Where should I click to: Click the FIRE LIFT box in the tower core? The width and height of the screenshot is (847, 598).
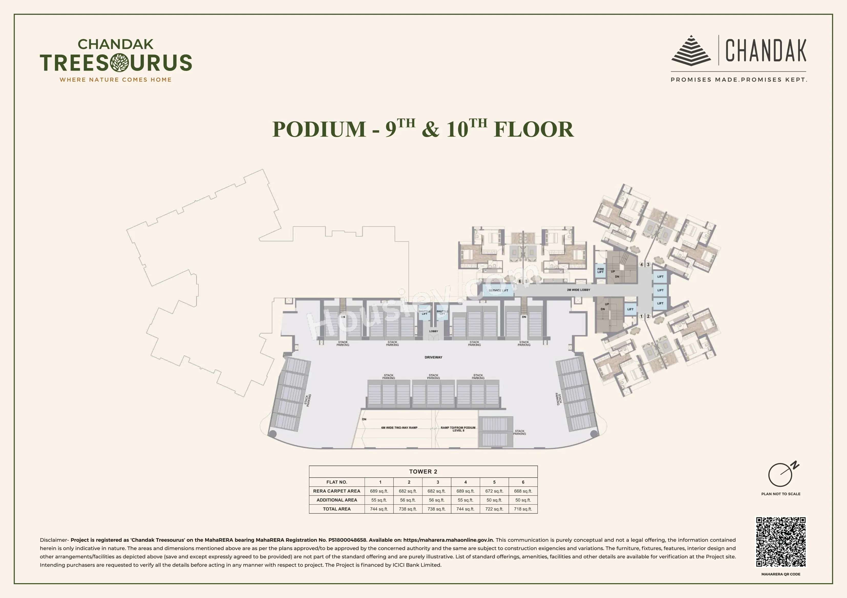pos(601,270)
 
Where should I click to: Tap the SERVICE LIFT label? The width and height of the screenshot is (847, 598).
pos(498,290)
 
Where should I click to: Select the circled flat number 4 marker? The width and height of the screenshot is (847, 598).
pos(641,265)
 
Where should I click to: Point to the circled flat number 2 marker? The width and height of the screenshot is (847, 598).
pos(648,316)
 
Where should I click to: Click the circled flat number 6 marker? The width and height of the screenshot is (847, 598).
pos(520,281)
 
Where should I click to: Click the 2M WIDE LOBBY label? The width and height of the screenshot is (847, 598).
pos(578,290)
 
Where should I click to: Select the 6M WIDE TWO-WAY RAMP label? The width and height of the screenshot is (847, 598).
pos(399,428)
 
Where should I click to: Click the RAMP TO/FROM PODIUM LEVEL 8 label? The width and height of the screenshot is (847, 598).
pos(458,429)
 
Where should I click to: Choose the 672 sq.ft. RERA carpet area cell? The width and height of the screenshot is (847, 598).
pos(494,491)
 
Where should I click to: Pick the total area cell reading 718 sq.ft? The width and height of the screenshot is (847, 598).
pos(523,509)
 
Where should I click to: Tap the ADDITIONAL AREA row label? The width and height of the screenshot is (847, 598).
pos(336,500)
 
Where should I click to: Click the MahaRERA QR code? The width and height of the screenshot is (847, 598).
pos(781,542)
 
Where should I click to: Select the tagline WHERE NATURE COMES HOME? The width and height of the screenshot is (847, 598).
pos(115,80)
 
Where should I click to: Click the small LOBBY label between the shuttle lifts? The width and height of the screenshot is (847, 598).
pos(433,331)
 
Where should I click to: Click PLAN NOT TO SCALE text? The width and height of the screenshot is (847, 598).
pos(781,494)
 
